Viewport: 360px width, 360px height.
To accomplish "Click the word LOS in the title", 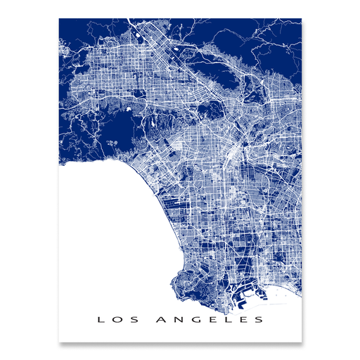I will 115,320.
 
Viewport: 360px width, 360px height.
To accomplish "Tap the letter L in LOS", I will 101,320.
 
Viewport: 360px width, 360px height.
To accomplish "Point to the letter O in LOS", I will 115,320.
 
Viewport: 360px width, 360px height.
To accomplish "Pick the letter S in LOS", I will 129,320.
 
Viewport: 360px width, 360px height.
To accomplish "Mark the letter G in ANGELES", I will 194,320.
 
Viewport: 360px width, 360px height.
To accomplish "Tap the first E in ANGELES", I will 210,320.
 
